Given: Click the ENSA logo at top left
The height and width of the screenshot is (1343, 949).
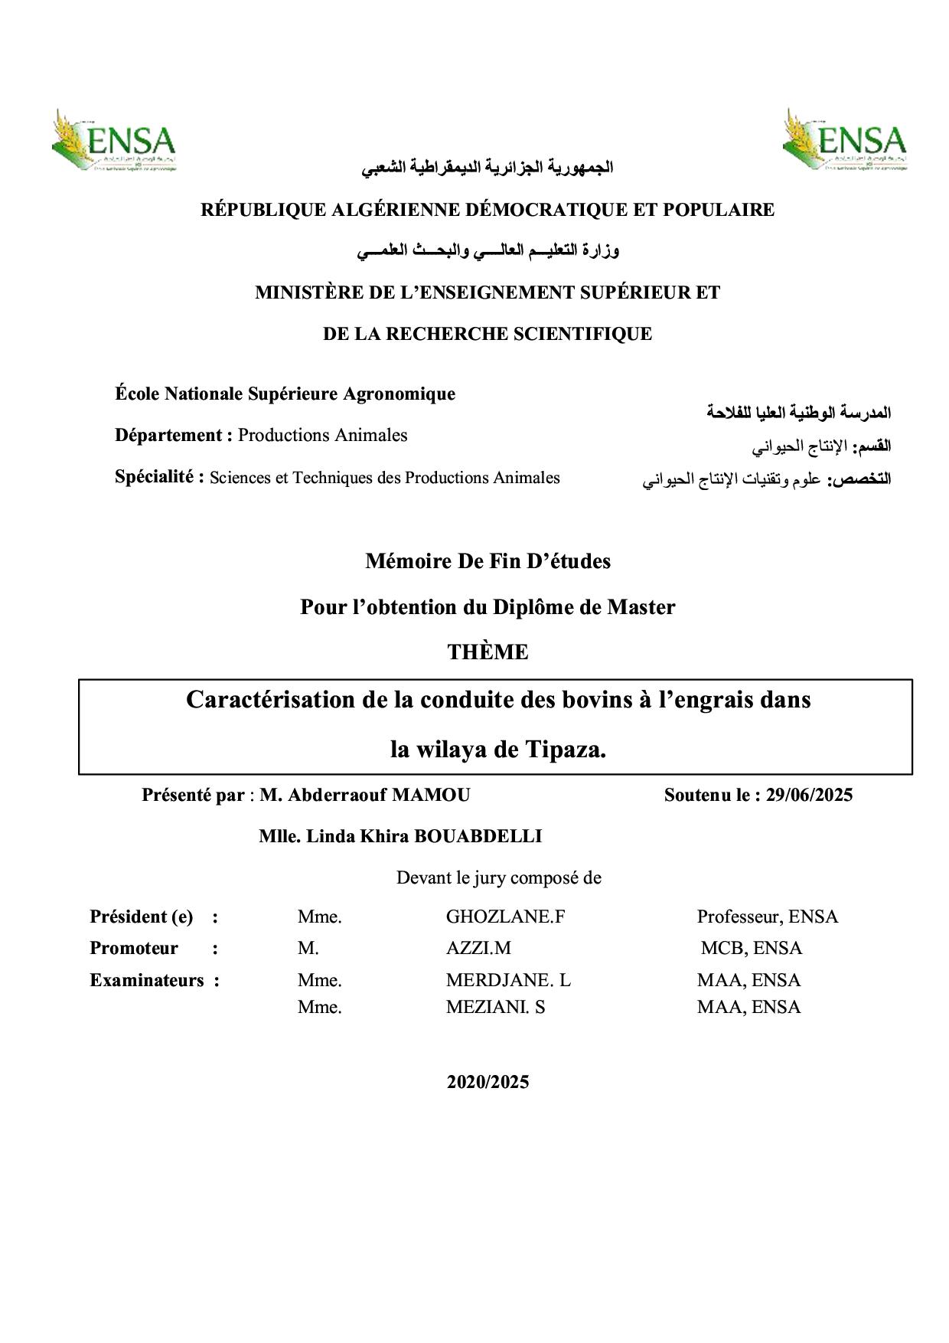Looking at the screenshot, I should pyautogui.click(x=114, y=141).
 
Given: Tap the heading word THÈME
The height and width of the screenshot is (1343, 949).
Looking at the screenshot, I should pyautogui.click(x=488, y=652).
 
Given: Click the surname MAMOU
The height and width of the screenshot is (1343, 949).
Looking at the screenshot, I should pyautogui.click(x=431, y=796).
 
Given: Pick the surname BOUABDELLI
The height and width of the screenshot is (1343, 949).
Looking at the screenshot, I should pyautogui.click(x=478, y=836).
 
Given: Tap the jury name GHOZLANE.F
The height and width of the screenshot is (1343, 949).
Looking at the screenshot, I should pyautogui.click(x=505, y=917).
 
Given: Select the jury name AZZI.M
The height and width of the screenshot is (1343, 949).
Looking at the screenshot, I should pyautogui.click(x=478, y=949).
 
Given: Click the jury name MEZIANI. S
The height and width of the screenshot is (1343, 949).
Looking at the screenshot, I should pyautogui.click(x=495, y=1008).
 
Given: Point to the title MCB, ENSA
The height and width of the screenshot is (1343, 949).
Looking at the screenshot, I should pyautogui.click(x=751, y=949).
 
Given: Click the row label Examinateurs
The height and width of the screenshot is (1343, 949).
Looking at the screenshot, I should pyautogui.click(x=147, y=981).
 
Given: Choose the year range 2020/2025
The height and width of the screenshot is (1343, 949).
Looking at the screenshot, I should pyautogui.click(x=488, y=1083).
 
